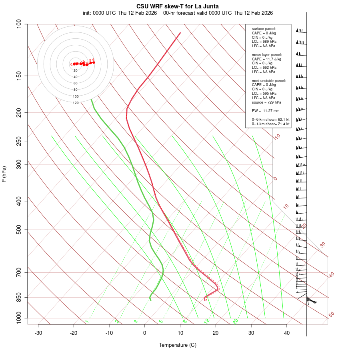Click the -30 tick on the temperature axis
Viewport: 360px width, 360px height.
coord(38,333)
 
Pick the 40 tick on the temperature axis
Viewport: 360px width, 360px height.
coord(286,333)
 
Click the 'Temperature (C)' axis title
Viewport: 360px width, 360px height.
coord(178,345)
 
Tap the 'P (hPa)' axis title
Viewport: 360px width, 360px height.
coord(4,174)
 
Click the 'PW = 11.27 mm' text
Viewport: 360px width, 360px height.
coord(266,111)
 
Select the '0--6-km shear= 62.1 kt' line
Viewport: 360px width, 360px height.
coord(270,120)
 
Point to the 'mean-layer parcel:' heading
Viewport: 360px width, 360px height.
coord(267,54)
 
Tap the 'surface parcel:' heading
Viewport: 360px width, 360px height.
coord(264,29)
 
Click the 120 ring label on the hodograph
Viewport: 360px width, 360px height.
coord(76,103)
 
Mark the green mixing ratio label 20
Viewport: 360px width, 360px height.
coord(235,321)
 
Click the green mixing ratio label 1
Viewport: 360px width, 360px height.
coord(87,322)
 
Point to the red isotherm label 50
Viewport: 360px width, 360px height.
coord(331,315)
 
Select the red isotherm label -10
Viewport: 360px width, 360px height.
coord(277,137)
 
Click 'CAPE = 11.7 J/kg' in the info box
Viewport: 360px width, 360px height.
coord(266,59)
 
